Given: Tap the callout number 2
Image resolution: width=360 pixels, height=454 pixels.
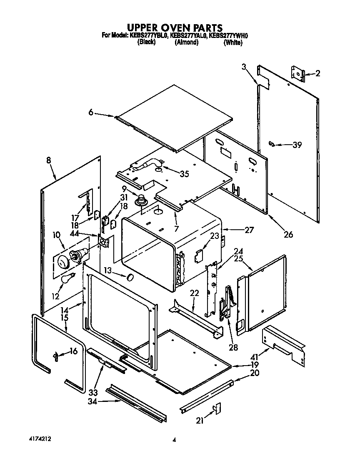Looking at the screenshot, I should pyautogui.click(x=317, y=74).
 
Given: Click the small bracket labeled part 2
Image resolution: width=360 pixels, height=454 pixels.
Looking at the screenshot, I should pyautogui.click(x=297, y=73).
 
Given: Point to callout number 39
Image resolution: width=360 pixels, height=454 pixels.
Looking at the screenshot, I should pyautogui.click(x=297, y=145).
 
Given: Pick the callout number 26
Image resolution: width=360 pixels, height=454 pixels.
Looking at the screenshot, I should pyautogui.click(x=288, y=235).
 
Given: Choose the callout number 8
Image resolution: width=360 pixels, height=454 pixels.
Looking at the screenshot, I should pyautogui.click(x=49, y=160).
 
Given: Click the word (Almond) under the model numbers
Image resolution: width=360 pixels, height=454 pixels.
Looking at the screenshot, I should pyautogui.click(x=186, y=43).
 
